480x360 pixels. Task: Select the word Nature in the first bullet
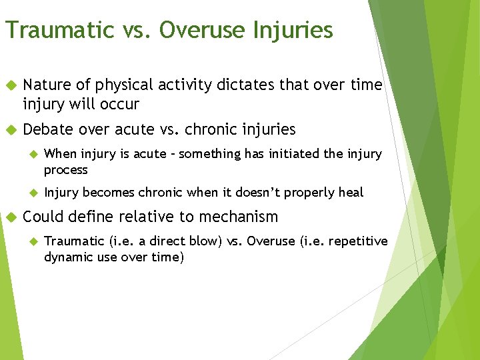coord(45,85)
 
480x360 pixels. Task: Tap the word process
coord(65,170)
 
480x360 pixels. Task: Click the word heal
coord(351,193)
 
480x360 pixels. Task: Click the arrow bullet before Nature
coord(10,85)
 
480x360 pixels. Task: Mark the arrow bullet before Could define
coord(10,217)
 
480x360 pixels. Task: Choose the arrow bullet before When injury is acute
coord(33,155)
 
